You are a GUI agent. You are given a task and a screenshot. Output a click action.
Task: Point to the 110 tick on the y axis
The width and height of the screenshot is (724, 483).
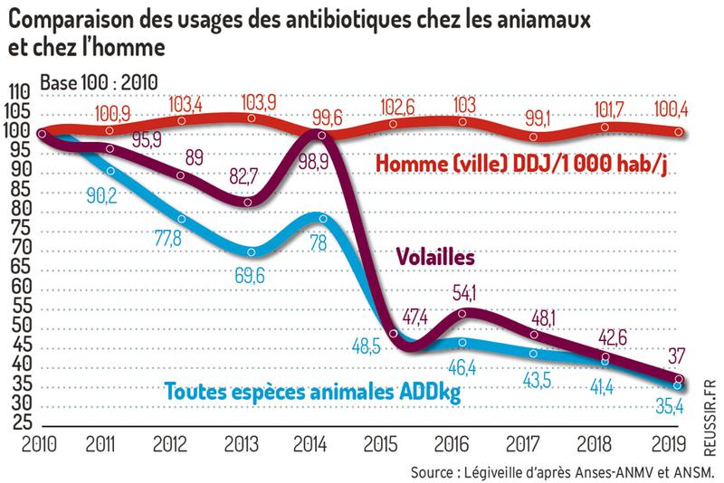[x=19, y=93]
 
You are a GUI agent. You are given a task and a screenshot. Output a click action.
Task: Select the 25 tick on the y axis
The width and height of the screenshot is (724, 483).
[x=20, y=422]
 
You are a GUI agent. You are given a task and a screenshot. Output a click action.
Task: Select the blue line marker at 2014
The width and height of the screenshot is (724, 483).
[x=322, y=217]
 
